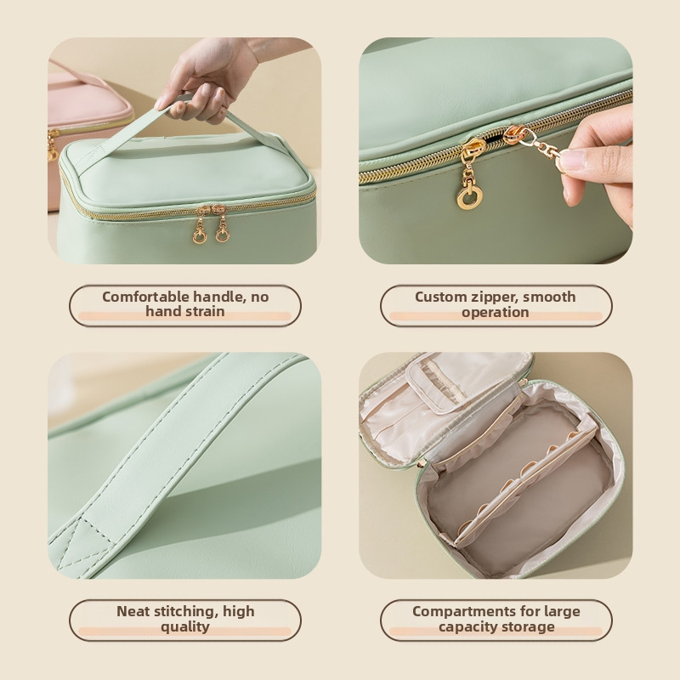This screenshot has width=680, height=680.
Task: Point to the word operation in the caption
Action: click(x=496, y=312)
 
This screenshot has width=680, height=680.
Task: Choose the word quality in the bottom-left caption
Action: click(x=185, y=626)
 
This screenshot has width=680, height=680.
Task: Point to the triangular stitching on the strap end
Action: click(x=84, y=544)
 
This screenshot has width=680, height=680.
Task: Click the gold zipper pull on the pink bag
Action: click(x=53, y=145)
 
